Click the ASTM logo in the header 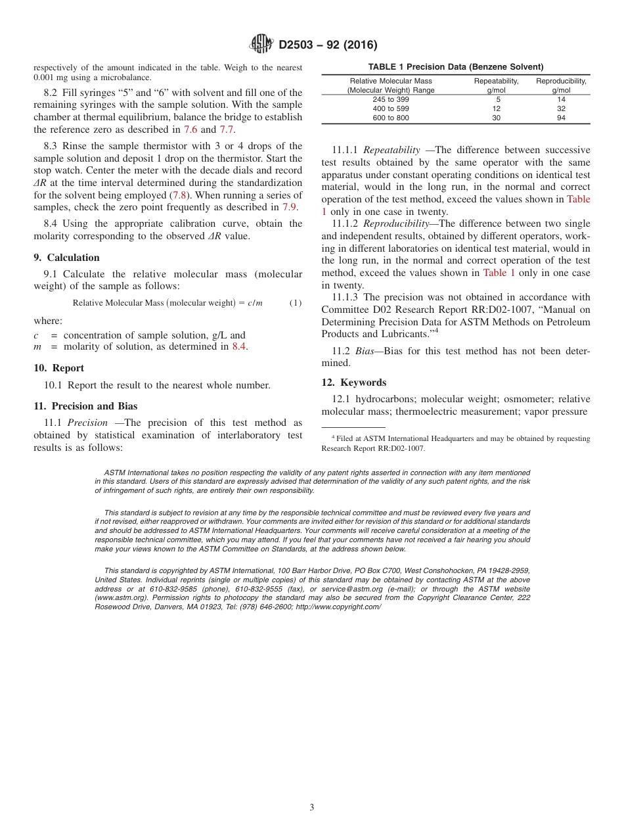[262, 45]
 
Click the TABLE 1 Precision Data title [455, 67]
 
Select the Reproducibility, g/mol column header [561, 85]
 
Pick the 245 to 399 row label [390, 99]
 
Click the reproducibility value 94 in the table [561, 118]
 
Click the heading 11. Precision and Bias [85, 406]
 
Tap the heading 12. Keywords [354, 383]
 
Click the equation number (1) [296, 303]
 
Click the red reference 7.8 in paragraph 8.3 [179, 195]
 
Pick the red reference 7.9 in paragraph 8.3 [289, 207]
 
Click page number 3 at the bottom [312, 807]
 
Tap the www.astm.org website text [121, 598]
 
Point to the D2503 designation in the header [299, 45]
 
